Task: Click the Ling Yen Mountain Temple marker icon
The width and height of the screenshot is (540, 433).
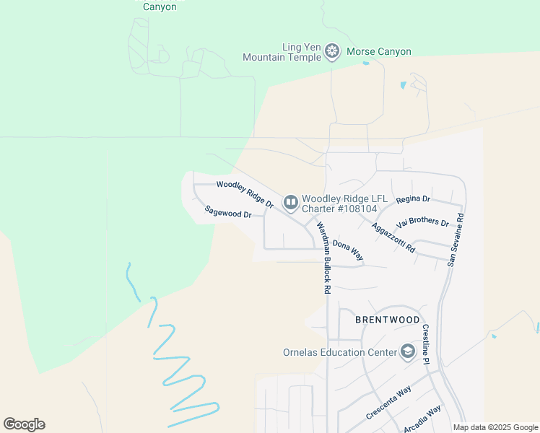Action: pyautogui.click(x=332, y=51)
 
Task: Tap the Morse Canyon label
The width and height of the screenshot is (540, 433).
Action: pyautogui.click(x=379, y=52)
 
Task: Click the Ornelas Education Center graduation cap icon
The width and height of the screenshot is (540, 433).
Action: pyautogui.click(x=407, y=352)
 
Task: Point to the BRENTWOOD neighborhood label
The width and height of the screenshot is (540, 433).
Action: pyautogui.click(x=387, y=319)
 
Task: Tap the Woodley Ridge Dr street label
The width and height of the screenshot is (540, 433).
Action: pyautogui.click(x=245, y=194)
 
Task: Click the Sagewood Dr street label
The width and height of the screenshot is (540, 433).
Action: pyautogui.click(x=227, y=212)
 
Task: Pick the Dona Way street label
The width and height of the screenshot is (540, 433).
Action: pyautogui.click(x=347, y=250)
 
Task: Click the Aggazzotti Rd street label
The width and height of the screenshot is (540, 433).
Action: pyautogui.click(x=393, y=237)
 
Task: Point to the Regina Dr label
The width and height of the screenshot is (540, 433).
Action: pyautogui.click(x=413, y=198)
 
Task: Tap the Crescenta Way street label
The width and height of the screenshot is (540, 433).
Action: pyautogui.click(x=388, y=403)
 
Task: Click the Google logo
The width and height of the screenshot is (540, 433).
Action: pyautogui.click(x=24, y=424)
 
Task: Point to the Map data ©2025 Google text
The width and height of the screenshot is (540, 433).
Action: pyautogui.click(x=495, y=427)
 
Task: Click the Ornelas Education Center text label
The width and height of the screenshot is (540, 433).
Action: pyautogui.click(x=339, y=353)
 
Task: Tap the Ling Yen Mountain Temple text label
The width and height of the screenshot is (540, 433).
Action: pyautogui.click(x=282, y=52)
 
